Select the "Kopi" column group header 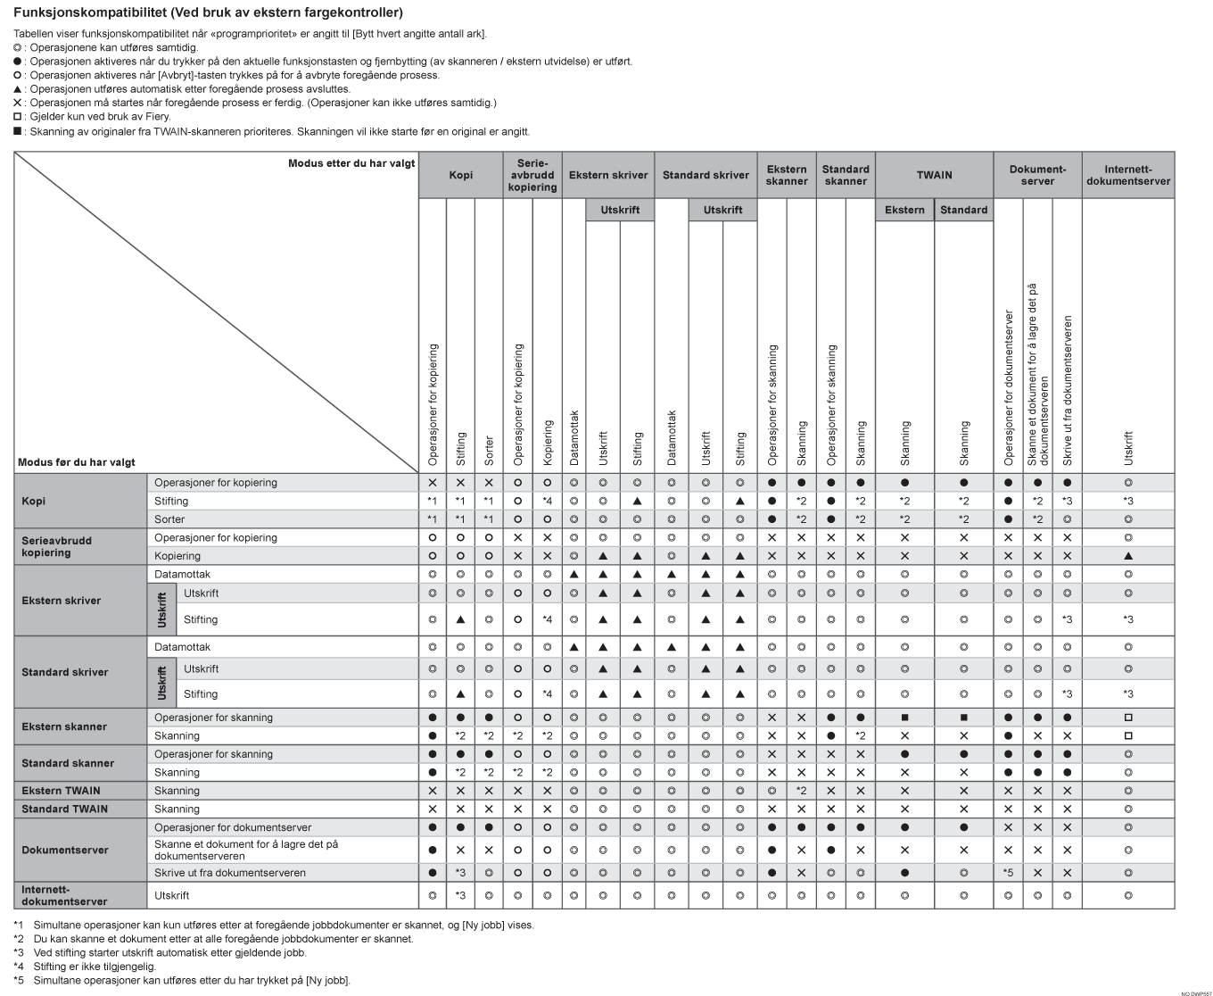click(x=460, y=175)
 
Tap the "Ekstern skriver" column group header click(x=608, y=175)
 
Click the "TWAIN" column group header click(x=934, y=175)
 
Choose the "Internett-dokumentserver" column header click(x=1127, y=175)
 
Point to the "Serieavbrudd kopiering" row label click(x=56, y=546)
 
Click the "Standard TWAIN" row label click(x=64, y=809)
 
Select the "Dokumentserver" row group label click(x=64, y=851)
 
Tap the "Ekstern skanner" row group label click(x=63, y=726)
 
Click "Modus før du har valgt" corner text click(x=77, y=462)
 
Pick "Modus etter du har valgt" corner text click(x=351, y=163)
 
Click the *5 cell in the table click(x=1008, y=873)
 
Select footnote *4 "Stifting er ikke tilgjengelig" click(x=95, y=966)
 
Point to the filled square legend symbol click(x=18, y=131)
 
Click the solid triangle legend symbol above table click(x=18, y=89)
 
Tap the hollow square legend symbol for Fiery click(x=18, y=116)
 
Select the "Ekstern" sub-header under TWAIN click(x=904, y=210)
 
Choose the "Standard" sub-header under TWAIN click(x=963, y=210)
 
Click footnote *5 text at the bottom click(x=191, y=980)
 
